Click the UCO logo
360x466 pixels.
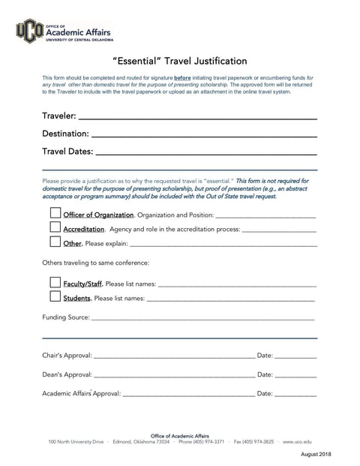(x=30, y=31)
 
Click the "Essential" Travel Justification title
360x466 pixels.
(x=179, y=61)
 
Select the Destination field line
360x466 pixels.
(x=203, y=135)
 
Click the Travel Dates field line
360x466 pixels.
(x=206, y=153)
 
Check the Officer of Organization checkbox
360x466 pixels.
(x=55, y=214)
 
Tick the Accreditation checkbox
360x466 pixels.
(x=55, y=227)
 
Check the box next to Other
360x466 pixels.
(x=55, y=242)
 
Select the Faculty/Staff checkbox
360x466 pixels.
(x=55, y=283)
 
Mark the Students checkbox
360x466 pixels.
(x=55, y=297)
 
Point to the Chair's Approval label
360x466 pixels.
(x=67, y=355)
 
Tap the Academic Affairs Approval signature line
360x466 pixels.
(x=188, y=393)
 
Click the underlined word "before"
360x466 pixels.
(x=182, y=77)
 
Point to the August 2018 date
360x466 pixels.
(x=316, y=455)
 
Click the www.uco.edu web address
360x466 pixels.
(x=297, y=442)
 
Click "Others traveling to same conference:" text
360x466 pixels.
(x=96, y=263)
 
